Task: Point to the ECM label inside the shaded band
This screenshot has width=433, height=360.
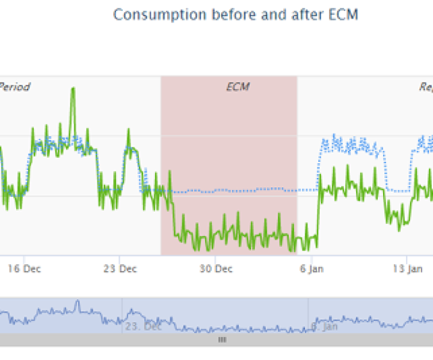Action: [x=238, y=87]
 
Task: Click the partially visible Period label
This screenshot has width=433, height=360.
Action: [x=14, y=87]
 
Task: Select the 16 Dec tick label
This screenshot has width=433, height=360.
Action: [x=25, y=268]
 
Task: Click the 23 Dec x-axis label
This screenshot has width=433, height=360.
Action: [x=120, y=268]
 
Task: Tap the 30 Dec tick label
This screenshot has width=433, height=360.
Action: [x=216, y=268]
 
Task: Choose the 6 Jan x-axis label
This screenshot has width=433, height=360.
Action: [x=312, y=268]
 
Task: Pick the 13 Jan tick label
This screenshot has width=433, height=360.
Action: [x=407, y=268]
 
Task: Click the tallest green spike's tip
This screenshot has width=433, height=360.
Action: [x=73, y=88]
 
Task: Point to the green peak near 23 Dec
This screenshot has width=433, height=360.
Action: [x=128, y=129]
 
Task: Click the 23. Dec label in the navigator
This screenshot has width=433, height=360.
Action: [x=143, y=327]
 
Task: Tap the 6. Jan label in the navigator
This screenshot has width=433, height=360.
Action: [x=324, y=327]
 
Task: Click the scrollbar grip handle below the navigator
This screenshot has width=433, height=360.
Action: [x=222, y=340]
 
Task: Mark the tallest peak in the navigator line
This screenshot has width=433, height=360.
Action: [x=76, y=301]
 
